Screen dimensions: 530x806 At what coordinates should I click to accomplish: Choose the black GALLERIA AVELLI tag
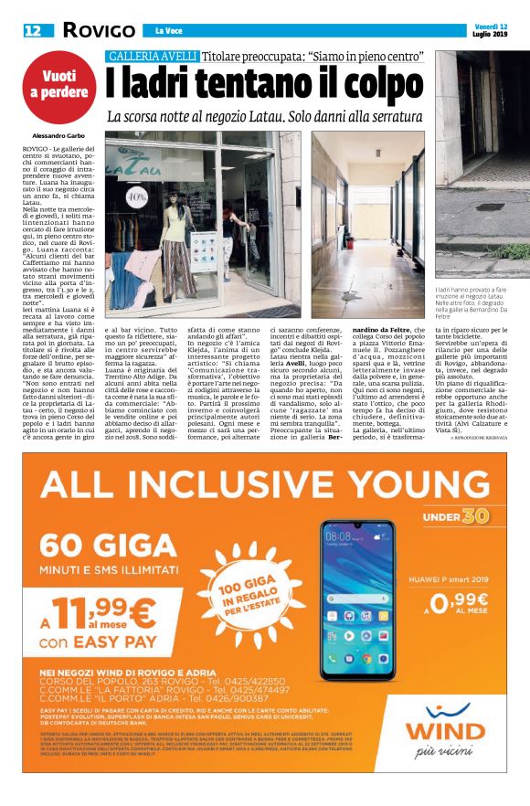click(x=153, y=57)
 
